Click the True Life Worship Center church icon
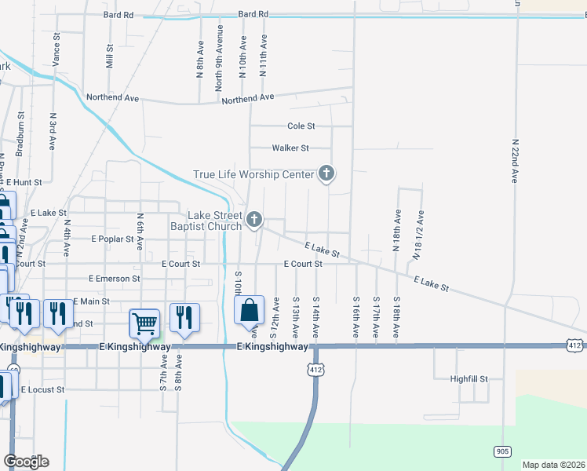[326, 175]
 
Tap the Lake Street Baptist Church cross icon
[254, 220]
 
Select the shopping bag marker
[249, 310]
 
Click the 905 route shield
[503, 451]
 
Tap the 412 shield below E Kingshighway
[315, 367]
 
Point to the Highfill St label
[469, 378]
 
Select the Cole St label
[301, 126]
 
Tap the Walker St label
[290, 148]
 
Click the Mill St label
[109, 57]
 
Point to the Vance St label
[56, 49]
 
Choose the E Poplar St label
[115, 238]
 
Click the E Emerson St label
[115, 278]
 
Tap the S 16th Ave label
[356, 317]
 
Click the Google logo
[26, 462]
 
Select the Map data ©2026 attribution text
[552, 465]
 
